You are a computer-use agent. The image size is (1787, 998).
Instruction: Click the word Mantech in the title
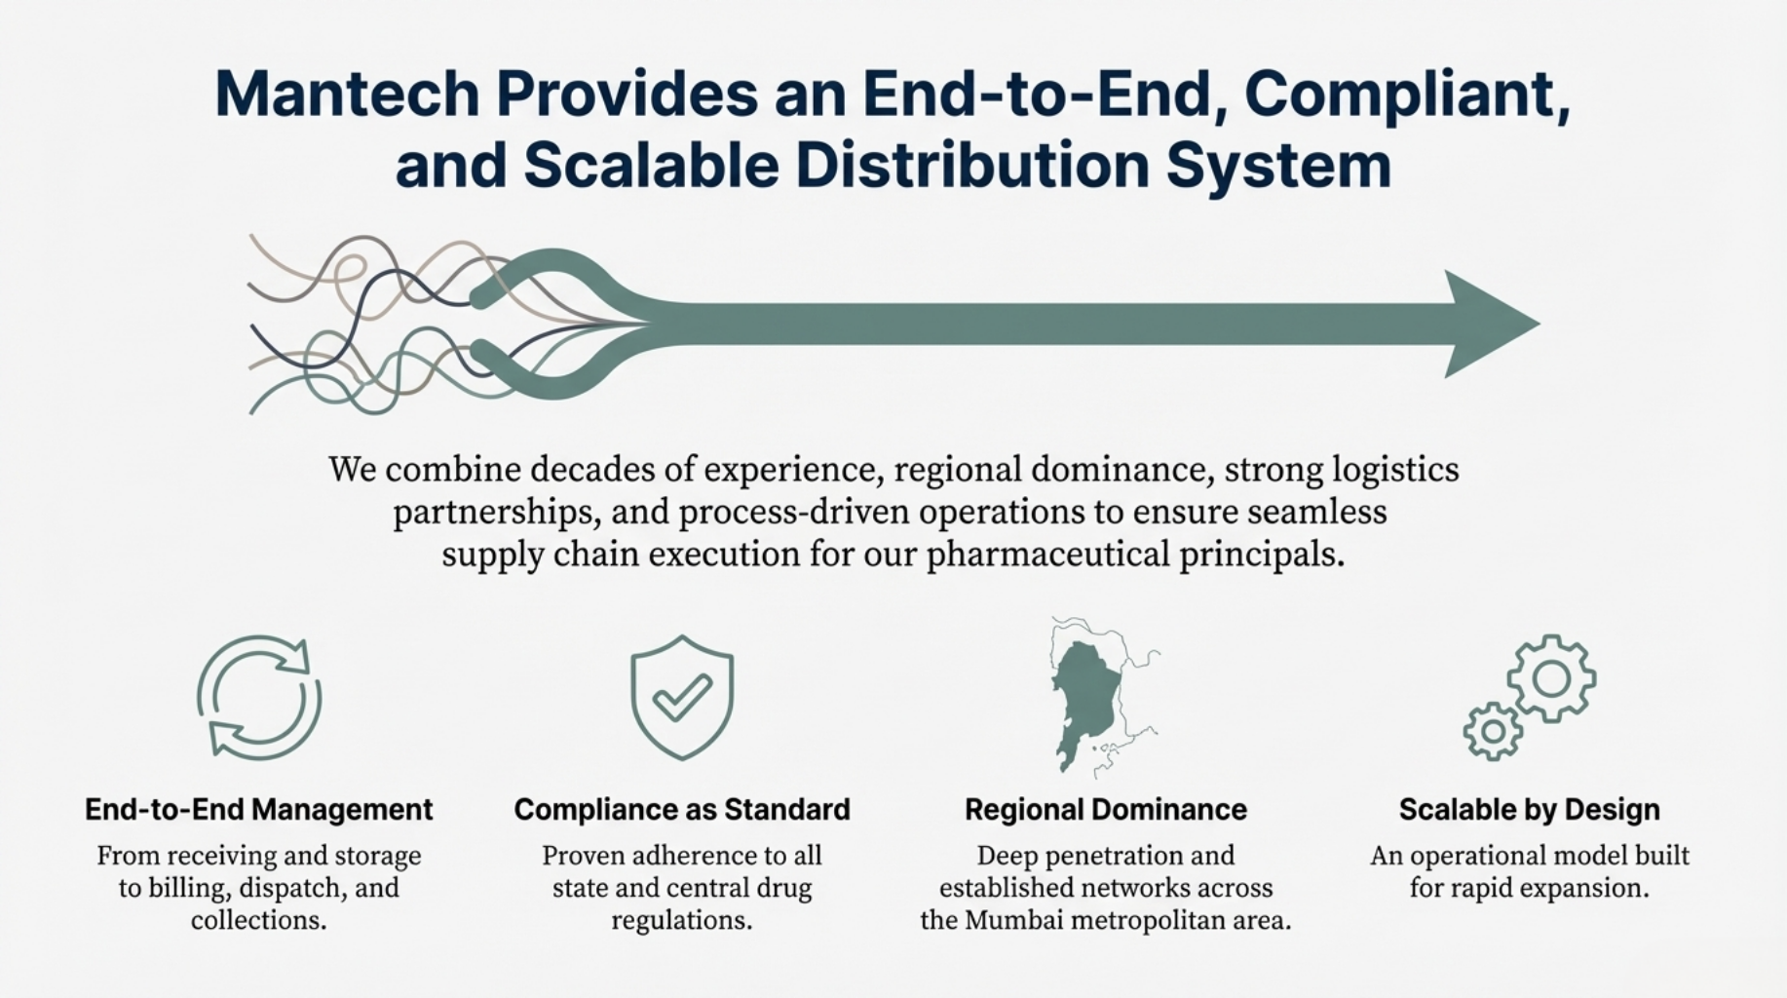347,94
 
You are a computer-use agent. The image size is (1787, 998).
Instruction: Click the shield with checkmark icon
682,698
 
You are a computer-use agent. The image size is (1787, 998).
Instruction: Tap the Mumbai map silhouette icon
1089,702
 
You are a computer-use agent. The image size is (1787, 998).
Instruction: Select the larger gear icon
1551,678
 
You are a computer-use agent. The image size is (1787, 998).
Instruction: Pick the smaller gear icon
1493,731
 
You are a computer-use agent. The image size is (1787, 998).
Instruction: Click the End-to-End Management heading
259,810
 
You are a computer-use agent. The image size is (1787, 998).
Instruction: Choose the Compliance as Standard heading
682,810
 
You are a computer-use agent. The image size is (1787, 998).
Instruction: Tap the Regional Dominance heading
1106,810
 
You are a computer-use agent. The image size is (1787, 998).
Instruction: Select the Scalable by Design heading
1530,810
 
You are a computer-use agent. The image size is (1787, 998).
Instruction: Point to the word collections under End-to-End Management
258,920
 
